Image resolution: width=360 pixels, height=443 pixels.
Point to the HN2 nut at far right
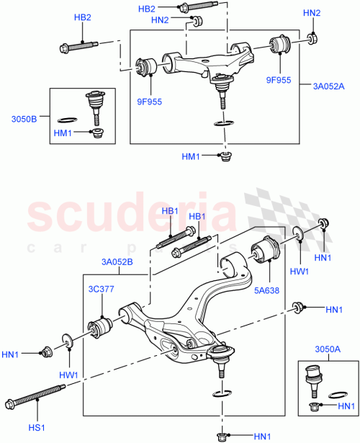312,38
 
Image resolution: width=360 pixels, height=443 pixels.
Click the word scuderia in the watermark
134,216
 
